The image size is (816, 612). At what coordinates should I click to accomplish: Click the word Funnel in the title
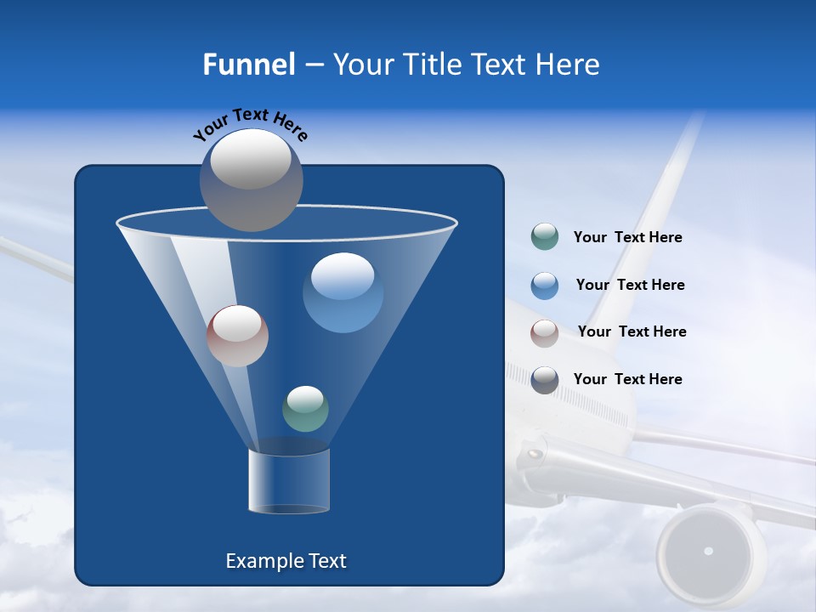coord(248,65)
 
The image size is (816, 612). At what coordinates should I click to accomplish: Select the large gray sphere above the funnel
coord(252,179)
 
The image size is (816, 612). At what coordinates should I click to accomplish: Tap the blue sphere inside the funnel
coord(343,292)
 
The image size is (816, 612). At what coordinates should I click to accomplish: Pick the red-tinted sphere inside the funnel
coord(237,336)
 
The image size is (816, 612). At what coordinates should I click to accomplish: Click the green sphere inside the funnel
coord(305,408)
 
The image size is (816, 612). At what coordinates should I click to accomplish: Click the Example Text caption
coord(286,561)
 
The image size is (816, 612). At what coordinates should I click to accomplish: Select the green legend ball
coord(544,237)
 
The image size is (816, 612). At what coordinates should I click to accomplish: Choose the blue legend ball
coord(544,285)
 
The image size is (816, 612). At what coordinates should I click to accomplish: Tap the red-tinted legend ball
coord(544,332)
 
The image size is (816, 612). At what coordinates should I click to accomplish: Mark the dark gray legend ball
coord(544,380)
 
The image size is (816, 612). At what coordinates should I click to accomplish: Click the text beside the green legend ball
coord(627,238)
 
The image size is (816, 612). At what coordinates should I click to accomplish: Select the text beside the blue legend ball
coord(630,285)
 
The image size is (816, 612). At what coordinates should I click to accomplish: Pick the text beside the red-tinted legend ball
coord(632,331)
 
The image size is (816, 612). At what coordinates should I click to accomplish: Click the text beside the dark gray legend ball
coord(627,379)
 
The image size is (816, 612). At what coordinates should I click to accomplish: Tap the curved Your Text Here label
coord(250,124)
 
